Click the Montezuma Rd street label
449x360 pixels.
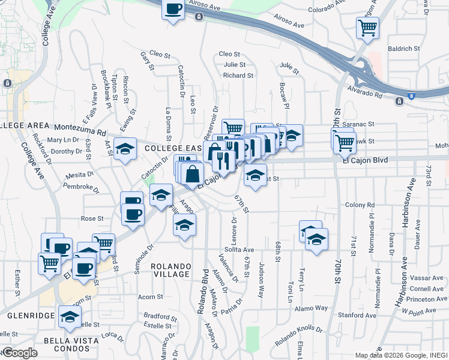coord(80,128)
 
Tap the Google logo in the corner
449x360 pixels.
coord(20,353)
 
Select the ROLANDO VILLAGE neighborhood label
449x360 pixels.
coord(170,270)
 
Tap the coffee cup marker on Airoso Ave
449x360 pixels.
coord(173,10)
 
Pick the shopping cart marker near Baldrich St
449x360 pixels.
coord(367,27)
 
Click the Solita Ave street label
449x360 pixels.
coord(240,250)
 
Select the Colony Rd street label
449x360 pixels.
coord(360,205)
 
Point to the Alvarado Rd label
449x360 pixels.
coord(365,92)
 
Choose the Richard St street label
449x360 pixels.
coord(238,76)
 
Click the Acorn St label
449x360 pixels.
coord(150,297)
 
